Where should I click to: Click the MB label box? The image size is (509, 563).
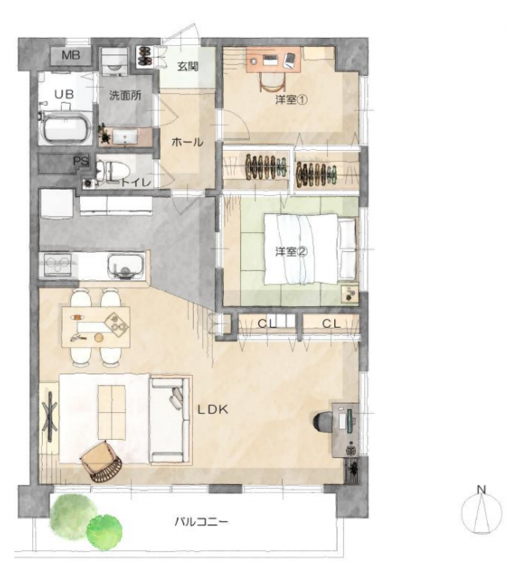coord(71,56)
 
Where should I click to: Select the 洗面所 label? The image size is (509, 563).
coord(125,96)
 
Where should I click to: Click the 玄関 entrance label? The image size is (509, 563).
coord(188,66)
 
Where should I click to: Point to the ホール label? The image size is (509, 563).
coord(187,143)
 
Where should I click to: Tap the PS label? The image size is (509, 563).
coord(81,161)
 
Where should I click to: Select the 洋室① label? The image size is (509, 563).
coord(291,100)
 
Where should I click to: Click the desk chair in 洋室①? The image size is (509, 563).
coord(273,83)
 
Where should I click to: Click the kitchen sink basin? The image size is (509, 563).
coord(125,266)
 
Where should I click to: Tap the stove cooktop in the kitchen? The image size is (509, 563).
coord(58,265)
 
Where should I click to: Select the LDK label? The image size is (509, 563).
coord(213,409)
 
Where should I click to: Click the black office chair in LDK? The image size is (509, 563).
coord(323,420)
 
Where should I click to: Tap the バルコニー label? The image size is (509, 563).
coord(201,522)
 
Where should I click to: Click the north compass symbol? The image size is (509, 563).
coord(481,510)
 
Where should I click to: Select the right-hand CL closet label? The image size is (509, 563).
coord(331,324)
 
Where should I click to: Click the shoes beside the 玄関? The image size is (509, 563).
coord(145,56)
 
